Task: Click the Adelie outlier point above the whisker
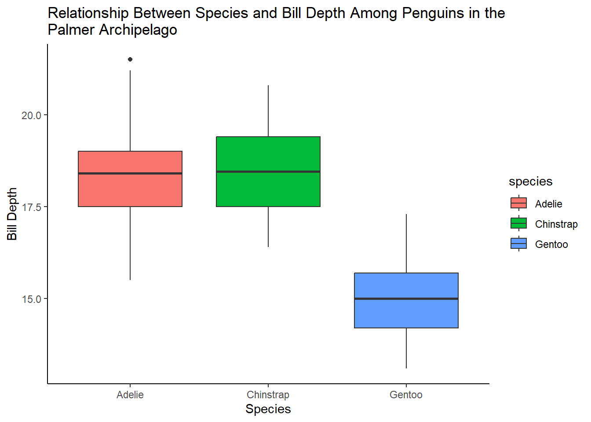[130, 59]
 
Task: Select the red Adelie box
[130, 189]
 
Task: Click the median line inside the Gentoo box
[406, 299]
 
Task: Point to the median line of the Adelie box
[130, 173]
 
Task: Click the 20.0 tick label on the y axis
[31, 116]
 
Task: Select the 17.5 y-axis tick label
[31, 207]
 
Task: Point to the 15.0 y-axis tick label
[31, 299]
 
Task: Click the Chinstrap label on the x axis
[268, 395]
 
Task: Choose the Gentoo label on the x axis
[406, 395]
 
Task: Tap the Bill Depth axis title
[12, 214]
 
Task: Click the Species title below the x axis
[268, 409]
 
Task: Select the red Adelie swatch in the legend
[519, 204]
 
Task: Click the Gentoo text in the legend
[551, 244]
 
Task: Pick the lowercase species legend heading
[530, 182]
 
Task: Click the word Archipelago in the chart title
[138, 30]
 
